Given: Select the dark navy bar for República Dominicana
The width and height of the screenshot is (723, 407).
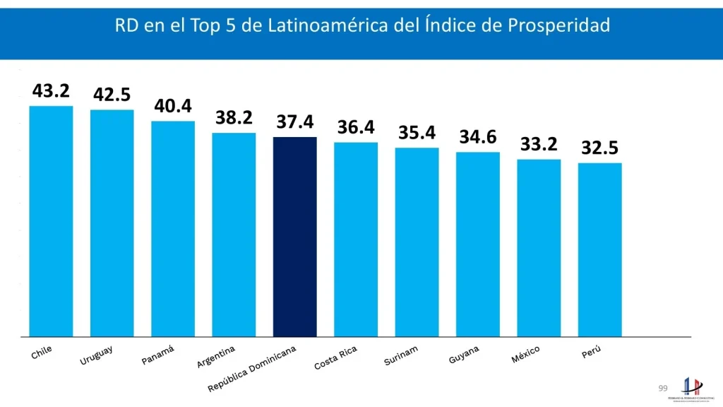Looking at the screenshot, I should pyautogui.click(x=294, y=236).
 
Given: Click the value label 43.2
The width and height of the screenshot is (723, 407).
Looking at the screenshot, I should pyautogui.click(x=51, y=91).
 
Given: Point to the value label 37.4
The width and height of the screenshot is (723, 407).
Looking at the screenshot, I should pyautogui.click(x=294, y=122).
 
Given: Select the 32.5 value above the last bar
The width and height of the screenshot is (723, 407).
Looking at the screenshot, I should pyautogui.click(x=600, y=148).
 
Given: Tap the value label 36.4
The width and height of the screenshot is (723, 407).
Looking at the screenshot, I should pyautogui.click(x=356, y=127).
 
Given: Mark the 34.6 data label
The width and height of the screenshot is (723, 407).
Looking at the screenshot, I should pyautogui.click(x=478, y=137).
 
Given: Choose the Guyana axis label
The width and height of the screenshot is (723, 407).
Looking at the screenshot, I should pyautogui.click(x=464, y=355).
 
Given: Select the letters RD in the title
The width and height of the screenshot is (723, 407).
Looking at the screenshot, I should pyautogui.click(x=126, y=26).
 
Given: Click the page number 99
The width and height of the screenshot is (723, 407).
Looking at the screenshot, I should pyautogui.click(x=663, y=388).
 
